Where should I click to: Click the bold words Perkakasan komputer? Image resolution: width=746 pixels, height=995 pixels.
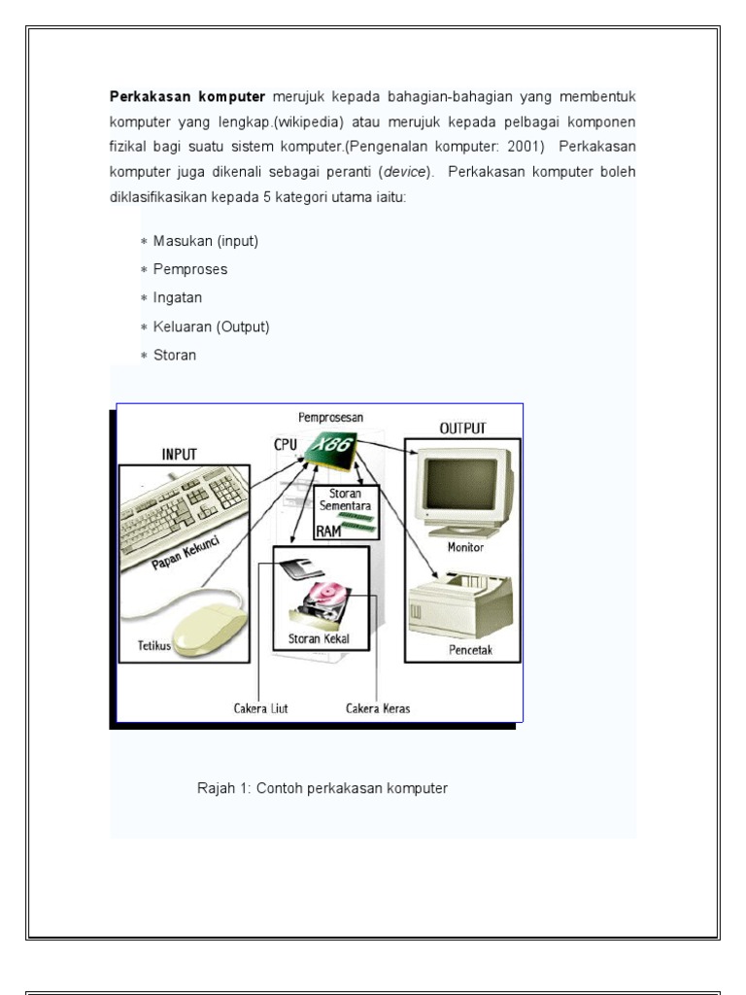[x=186, y=98]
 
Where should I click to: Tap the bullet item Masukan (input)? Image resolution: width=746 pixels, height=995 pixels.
[x=205, y=241]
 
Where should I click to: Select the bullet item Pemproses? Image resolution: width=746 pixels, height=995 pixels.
[x=190, y=269]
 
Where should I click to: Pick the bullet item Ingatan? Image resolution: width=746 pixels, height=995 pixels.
[x=178, y=297]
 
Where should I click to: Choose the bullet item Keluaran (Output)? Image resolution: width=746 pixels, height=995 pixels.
[x=211, y=326]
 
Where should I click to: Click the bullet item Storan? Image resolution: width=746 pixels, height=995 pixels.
[x=175, y=355]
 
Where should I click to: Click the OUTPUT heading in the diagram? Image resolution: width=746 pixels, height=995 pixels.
[x=462, y=428]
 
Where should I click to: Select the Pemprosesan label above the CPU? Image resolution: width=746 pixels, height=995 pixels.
[x=330, y=417]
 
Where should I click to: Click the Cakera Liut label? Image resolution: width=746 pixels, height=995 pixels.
[x=260, y=708]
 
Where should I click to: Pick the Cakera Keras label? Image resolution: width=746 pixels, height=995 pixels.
[x=378, y=708]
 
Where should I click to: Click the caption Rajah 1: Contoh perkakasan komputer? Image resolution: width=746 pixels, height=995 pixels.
[x=322, y=788]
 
